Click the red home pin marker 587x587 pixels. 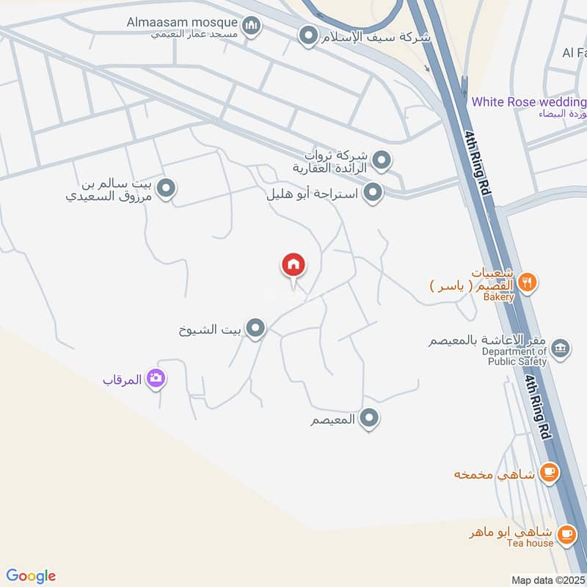[x=293, y=265]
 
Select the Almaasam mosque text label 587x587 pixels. [x=193, y=22]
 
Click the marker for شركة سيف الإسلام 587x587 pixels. [x=309, y=34]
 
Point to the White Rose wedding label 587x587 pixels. [x=528, y=101]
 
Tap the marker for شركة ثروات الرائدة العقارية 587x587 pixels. [x=381, y=159]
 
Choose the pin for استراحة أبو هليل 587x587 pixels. [x=374, y=193]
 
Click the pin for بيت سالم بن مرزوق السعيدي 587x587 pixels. [x=167, y=189]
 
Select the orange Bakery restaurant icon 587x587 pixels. [x=526, y=281]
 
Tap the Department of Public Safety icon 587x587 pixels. [x=560, y=348]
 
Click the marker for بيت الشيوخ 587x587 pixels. [x=255, y=329]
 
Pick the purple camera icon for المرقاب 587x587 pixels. [x=156, y=379]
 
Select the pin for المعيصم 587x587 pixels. [x=370, y=418]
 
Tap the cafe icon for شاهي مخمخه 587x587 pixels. [x=548, y=473]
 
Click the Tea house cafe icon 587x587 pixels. [x=565, y=534]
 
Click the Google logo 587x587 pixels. [x=31, y=576]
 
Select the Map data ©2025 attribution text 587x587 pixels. [x=547, y=580]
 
